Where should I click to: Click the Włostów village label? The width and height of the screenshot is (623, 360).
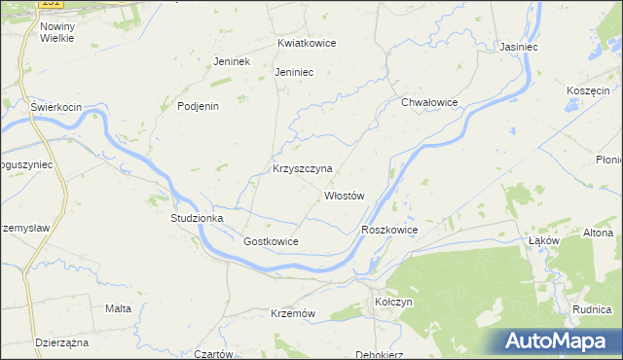pyautogui.click(x=344, y=196)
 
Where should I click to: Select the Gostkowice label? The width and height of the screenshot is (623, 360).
pyautogui.click(x=271, y=241)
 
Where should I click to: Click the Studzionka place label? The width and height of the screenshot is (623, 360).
pyautogui.click(x=198, y=219)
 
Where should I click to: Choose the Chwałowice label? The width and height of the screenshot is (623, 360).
pyautogui.click(x=429, y=101)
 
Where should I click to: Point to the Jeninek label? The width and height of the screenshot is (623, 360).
pyautogui.click(x=233, y=61)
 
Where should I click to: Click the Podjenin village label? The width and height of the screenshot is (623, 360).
pyautogui.click(x=198, y=106)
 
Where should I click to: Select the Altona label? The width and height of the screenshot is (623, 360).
pyautogui.click(x=598, y=234)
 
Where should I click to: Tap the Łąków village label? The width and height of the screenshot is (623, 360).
pyautogui.click(x=542, y=239)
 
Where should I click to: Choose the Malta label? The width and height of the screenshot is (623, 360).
pyautogui.click(x=118, y=308)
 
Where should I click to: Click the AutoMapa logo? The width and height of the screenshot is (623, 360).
pyautogui.click(x=557, y=341)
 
